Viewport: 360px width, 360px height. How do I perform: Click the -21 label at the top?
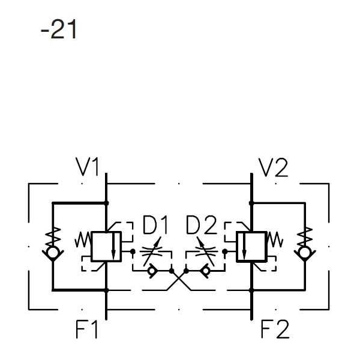pos(59,29)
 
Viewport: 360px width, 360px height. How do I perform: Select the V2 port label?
pos(273,168)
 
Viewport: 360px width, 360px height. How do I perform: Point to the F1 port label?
pos(87,329)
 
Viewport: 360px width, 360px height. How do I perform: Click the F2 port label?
pos(275,329)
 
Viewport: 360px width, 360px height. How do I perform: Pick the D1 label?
pos(156,226)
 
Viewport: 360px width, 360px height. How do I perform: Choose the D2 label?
pos(200,226)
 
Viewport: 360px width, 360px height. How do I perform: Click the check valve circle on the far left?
pos(53,252)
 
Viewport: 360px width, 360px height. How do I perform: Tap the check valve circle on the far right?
pos(305,252)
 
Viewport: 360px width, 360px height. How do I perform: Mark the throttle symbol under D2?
pos(205,253)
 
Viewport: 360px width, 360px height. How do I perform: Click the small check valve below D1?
pos(151,272)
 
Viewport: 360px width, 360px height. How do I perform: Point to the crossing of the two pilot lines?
pos(179,279)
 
